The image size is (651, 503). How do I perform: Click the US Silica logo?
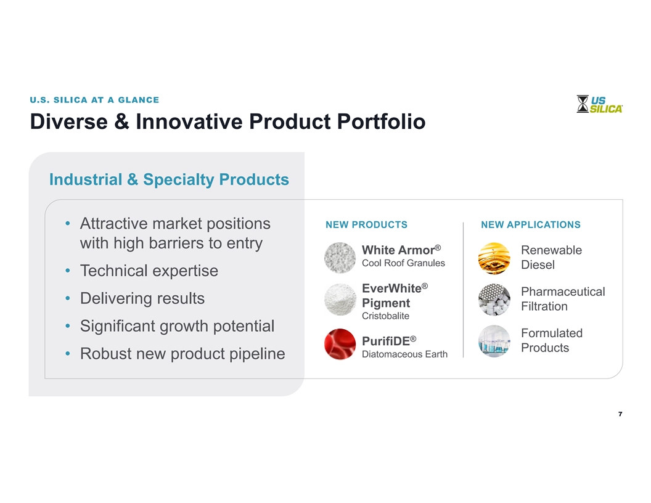pyautogui.click(x=599, y=104)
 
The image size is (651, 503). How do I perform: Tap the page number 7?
pyautogui.click(x=620, y=414)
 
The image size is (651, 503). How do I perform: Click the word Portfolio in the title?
pyautogui.click(x=381, y=121)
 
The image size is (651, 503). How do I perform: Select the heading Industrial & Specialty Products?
pyautogui.click(x=169, y=179)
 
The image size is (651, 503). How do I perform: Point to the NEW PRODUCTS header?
pyautogui.click(x=367, y=224)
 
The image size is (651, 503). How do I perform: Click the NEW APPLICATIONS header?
pyautogui.click(x=531, y=224)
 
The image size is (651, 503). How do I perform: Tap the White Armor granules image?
pyautogui.click(x=340, y=258)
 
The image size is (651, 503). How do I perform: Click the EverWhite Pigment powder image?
pyautogui.click(x=340, y=300)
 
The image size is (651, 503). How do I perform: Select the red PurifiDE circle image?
pyautogui.click(x=340, y=344)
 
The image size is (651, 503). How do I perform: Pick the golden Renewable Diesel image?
pyautogui.click(x=494, y=258)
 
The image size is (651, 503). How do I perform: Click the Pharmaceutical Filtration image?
pyautogui.click(x=494, y=300)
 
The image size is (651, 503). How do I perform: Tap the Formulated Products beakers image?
pyautogui.click(x=494, y=341)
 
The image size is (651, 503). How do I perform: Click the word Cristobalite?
pyautogui.click(x=385, y=316)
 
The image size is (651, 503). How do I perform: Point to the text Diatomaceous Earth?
pyautogui.click(x=405, y=354)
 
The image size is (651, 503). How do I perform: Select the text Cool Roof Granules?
pyautogui.click(x=403, y=263)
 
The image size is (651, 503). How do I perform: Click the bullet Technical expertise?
pyautogui.click(x=149, y=271)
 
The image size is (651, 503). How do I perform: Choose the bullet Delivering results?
pyautogui.click(x=142, y=298)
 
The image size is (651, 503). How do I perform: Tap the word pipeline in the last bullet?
pyautogui.click(x=257, y=354)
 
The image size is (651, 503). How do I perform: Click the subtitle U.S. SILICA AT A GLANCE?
pyautogui.click(x=94, y=100)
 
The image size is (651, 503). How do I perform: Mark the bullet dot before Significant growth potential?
pyautogui.click(x=68, y=326)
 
